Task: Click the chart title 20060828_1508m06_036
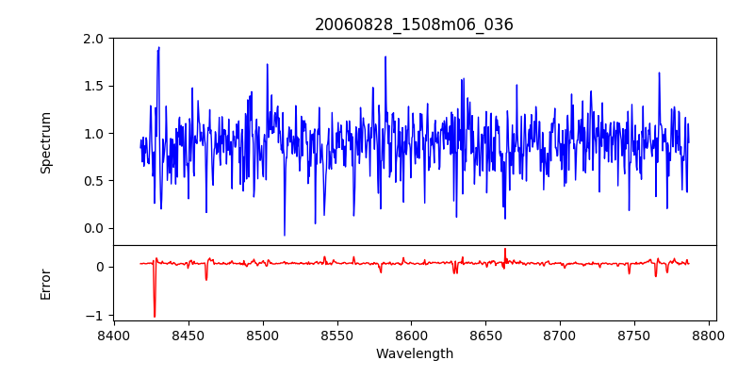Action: tap(414, 25)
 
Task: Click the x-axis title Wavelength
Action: tap(414, 353)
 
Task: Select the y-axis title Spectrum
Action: tap(45, 142)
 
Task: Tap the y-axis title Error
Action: tap(45, 283)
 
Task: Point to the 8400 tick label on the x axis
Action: tap(114, 335)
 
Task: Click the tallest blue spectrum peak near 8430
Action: tap(158, 47)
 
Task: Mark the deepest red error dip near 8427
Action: tap(155, 317)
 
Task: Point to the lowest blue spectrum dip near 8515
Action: tap(284, 235)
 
